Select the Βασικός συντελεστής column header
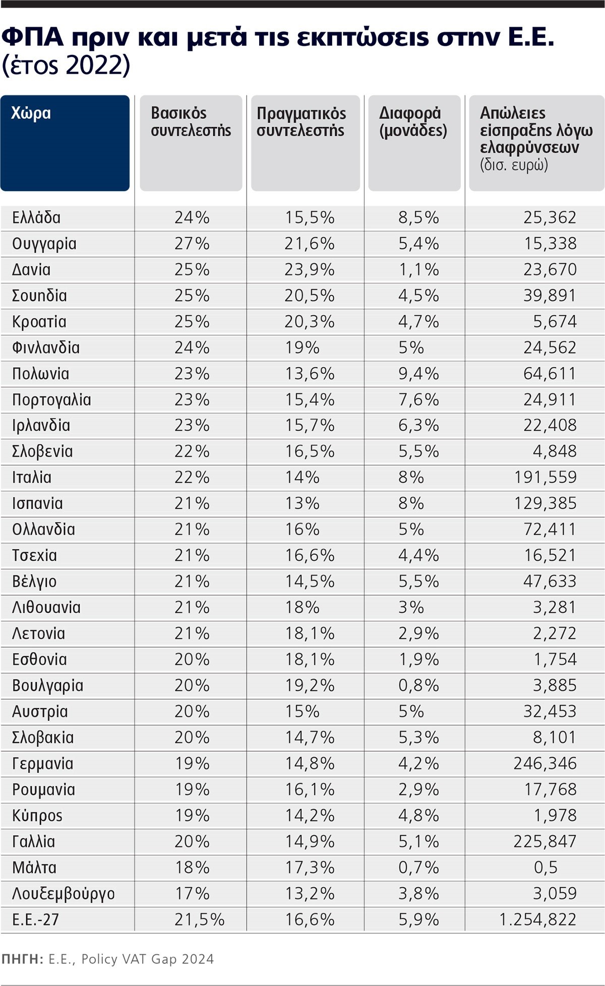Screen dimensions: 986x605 191,122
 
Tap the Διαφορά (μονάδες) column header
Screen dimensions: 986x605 413,122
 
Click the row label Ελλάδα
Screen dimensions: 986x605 36,218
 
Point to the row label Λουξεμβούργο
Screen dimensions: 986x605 64,894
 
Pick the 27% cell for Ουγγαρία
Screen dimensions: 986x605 192,244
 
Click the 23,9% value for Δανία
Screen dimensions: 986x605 309,270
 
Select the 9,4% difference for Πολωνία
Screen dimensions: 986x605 418,374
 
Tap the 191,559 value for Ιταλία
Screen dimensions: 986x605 545,478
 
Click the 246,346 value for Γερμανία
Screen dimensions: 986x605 545,764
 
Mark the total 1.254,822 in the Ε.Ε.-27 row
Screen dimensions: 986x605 537,919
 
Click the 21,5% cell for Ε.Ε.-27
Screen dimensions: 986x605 199,919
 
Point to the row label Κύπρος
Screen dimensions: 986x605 37,816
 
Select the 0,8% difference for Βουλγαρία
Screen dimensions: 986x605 418,685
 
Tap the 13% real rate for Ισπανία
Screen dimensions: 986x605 302,503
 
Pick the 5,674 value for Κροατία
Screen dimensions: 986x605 555,322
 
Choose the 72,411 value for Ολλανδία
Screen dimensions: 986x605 550,530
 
